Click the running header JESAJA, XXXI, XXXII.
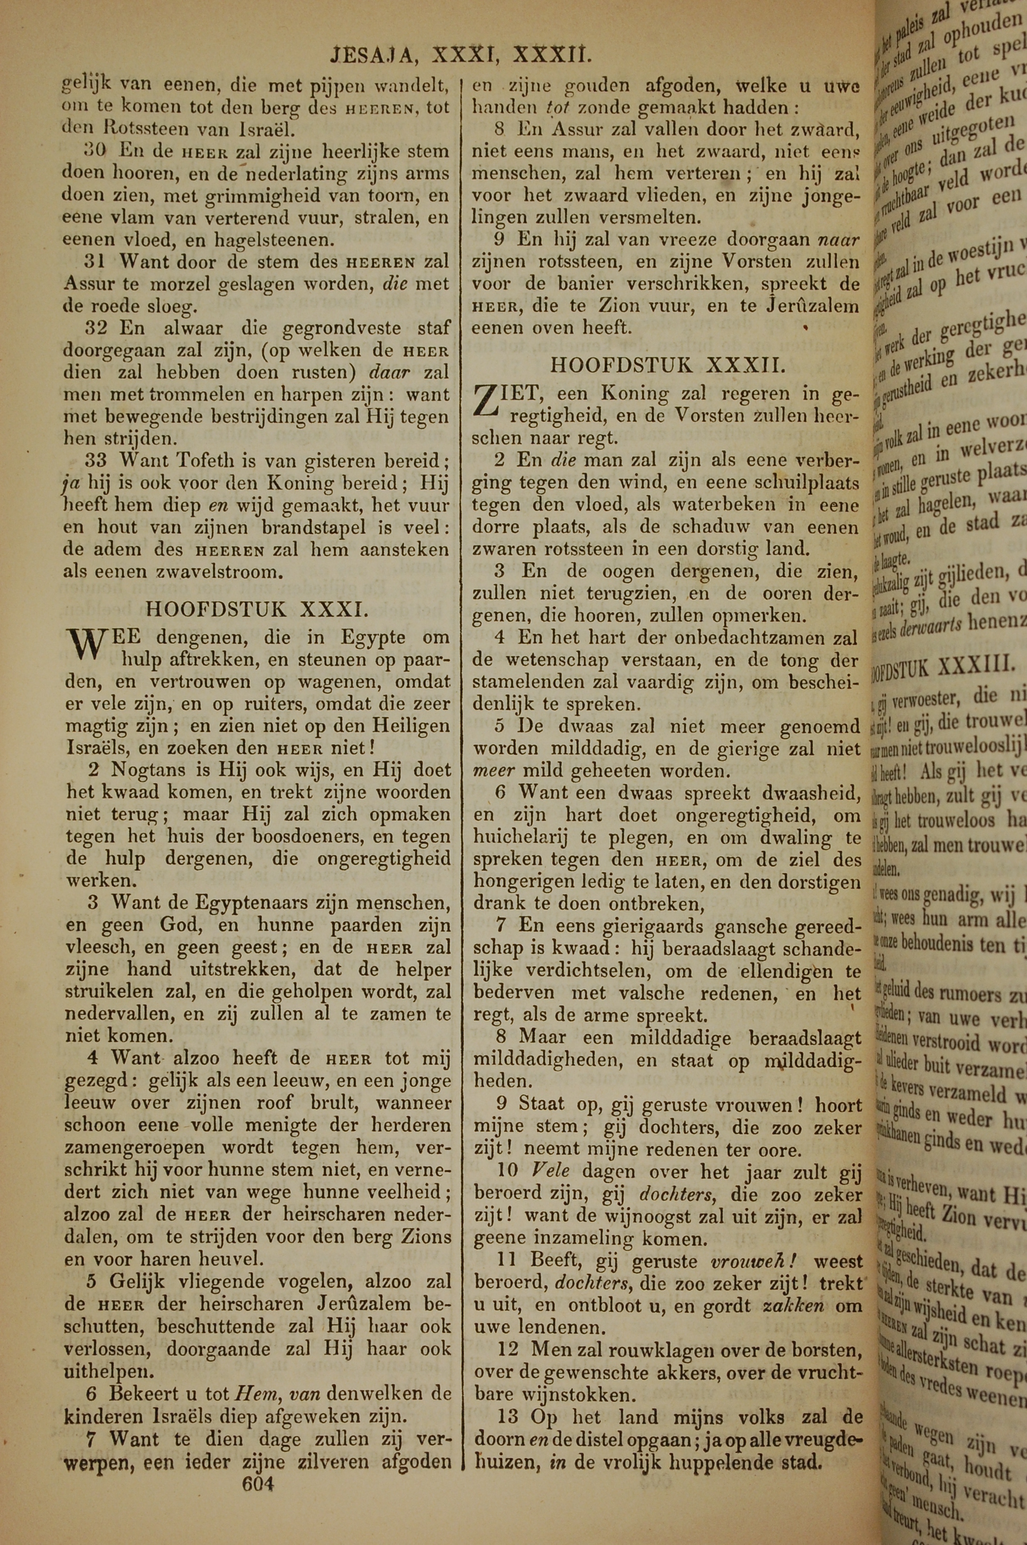[x=461, y=55]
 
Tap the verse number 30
[x=96, y=150]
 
